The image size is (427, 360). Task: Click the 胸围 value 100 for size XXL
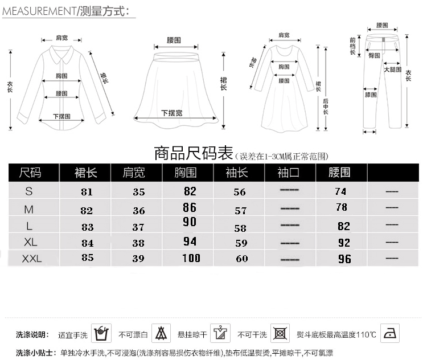(x=191, y=259)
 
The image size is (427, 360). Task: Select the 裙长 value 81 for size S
(x=87, y=192)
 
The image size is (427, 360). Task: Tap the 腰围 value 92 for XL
(x=344, y=242)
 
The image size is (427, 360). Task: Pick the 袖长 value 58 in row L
(x=240, y=228)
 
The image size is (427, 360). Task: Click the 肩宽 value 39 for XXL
(x=139, y=259)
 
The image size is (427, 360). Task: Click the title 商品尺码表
(x=194, y=154)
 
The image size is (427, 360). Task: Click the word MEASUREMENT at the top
(x=37, y=10)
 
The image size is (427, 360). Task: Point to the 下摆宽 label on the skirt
(x=171, y=113)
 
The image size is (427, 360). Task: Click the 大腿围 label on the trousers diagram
(x=391, y=69)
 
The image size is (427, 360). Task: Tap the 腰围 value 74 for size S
(x=341, y=191)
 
